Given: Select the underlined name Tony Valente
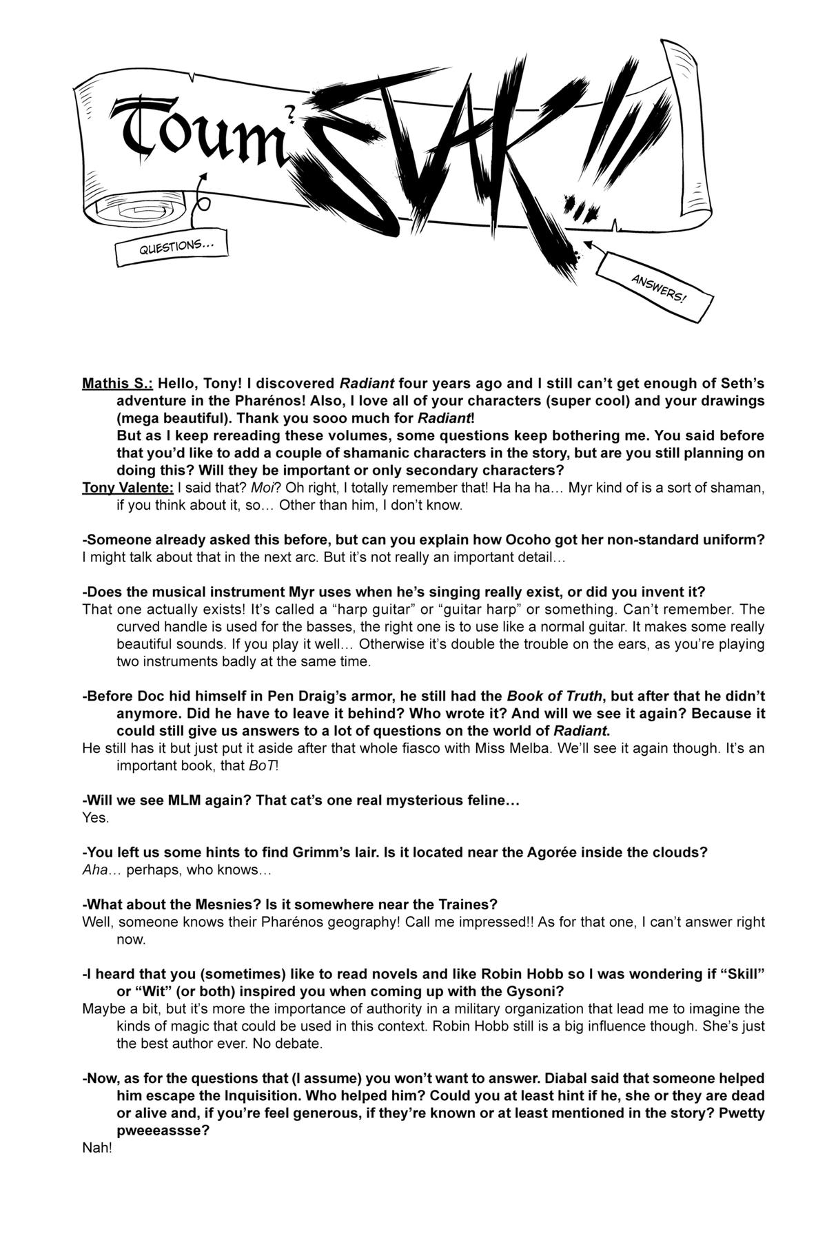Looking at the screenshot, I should click(127, 488).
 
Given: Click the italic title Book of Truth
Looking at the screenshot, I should click(554, 696).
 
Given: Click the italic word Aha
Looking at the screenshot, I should click(95, 870).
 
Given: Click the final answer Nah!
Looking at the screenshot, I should click(96, 1148).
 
